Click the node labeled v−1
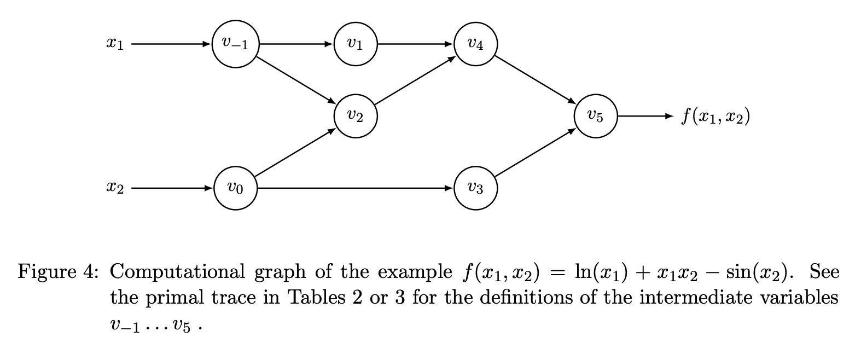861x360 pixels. pyautogui.click(x=235, y=44)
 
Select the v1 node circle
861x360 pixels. pyautogui.click(x=356, y=44)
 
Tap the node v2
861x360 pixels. pyautogui.click(x=356, y=115)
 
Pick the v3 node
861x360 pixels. pyautogui.click(x=476, y=188)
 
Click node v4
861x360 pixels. pyautogui.click(x=476, y=44)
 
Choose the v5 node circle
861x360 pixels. pyautogui.click(x=596, y=115)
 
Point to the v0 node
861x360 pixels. pyautogui.click(x=235, y=188)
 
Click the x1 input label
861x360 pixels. pyautogui.click(x=115, y=44)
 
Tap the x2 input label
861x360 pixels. pyautogui.click(x=115, y=189)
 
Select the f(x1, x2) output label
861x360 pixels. pyautogui.click(x=715, y=116)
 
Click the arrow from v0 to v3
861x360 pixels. pyautogui.click(x=356, y=188)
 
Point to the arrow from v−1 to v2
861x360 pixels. pyautogui.click(x=295, y=80)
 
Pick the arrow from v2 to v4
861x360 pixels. pyautogui.click(x=416, y=80)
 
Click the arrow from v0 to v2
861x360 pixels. pyautogui.click(x=295, y=152)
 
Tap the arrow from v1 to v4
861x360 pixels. pyautogui.click(x=416, y=44)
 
